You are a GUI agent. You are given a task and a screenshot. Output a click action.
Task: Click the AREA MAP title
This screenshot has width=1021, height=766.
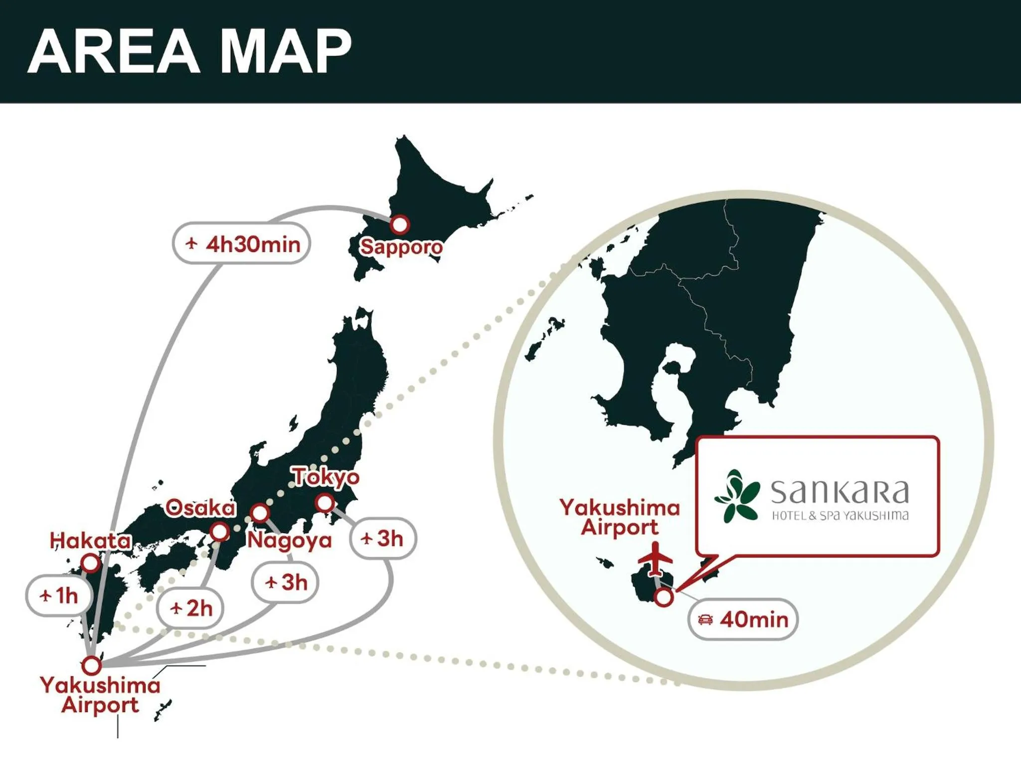pyautogui.click(x=189, y=51)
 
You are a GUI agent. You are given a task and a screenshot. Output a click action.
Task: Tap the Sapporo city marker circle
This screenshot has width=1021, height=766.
pyautogui.click(x=399, y=224)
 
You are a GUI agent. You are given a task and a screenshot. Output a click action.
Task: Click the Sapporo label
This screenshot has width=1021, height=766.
pyautogui.click(x=401, y=247)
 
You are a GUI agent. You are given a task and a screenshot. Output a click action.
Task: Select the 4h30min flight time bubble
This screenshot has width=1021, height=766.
pyautogui.click(x=242, y=244)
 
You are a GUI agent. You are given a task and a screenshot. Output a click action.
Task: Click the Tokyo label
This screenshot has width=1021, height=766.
pyautogui.click(x=326, y=477)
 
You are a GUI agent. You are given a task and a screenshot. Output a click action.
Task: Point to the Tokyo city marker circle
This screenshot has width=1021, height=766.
pyautogui.click(x=325, y=503)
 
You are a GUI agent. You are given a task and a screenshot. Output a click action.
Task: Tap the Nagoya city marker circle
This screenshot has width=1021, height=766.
pyautogui.click(x=260, y=513)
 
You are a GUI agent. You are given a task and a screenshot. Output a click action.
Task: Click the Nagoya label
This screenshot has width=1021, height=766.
pyautogui.click(x=290, y=541)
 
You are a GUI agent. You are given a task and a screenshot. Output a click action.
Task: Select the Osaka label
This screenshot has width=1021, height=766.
pyautogui.click(x=200, y=508)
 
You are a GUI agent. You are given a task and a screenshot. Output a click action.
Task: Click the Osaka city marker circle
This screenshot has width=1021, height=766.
pyautogui.click(x=219, y=532)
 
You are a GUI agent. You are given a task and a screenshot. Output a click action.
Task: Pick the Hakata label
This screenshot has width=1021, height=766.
pyautogui.click(x=91, y=541)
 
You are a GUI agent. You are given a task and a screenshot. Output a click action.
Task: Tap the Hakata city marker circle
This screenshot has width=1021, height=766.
pyautogui.click(x=90, y=564)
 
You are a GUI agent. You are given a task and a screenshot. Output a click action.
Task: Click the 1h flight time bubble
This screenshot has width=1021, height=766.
pyautogui.click(x=59, y=595)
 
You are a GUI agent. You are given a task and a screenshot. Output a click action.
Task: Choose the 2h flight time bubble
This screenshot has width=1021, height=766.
pyautogui.click(x=190, y=608)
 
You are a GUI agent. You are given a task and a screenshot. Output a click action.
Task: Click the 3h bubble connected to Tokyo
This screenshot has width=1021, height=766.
pyautogui.click(x=382, y=539)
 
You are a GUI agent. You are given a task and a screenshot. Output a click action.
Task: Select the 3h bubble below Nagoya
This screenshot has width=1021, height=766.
pyautogui.click(x=285, y=582)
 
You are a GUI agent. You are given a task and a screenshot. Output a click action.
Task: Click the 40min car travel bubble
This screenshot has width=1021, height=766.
pyautogui.click(x=743, y=620)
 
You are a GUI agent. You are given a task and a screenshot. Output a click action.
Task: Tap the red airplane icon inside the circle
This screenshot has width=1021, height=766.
pyautogui.click(x=655, y=559)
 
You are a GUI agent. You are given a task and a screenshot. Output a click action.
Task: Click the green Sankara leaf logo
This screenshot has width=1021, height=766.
pyautogui.click(x=737, y=495)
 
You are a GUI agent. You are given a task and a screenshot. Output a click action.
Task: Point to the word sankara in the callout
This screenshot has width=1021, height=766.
pyautogui.click(x=840, y=492)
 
